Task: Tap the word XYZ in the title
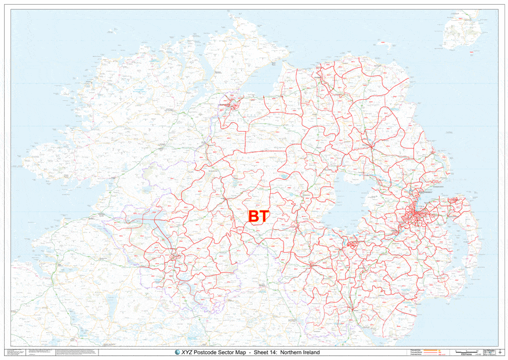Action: point(187,352)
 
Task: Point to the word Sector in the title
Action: point(235,352)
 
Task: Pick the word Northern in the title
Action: point(297,352)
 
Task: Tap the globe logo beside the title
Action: point(177,352)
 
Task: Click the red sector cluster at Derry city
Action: point(233,104)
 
